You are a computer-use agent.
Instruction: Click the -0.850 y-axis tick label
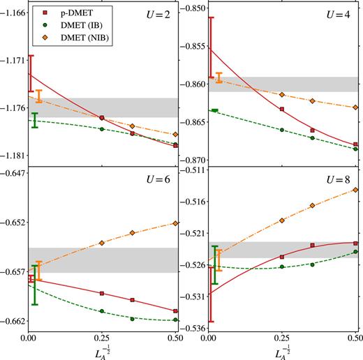pos(192,8)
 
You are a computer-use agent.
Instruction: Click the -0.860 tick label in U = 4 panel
pos(192,84)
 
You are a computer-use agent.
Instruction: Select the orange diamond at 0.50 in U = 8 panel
pos(356,189)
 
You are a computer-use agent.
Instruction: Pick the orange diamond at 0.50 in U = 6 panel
pos(175,223)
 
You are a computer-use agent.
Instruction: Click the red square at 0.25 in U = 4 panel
pos(282,110)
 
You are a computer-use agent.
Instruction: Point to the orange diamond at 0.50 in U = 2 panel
pos(175,134)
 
